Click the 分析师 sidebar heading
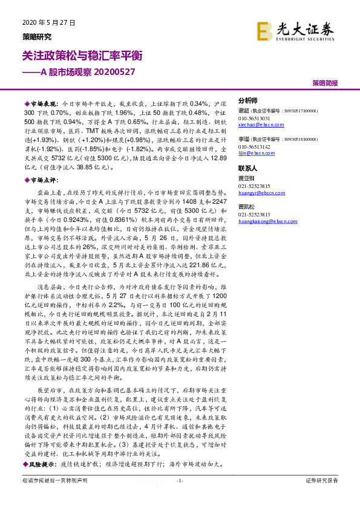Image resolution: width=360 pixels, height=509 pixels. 248,101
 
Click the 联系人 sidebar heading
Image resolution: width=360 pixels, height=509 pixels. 248,169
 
